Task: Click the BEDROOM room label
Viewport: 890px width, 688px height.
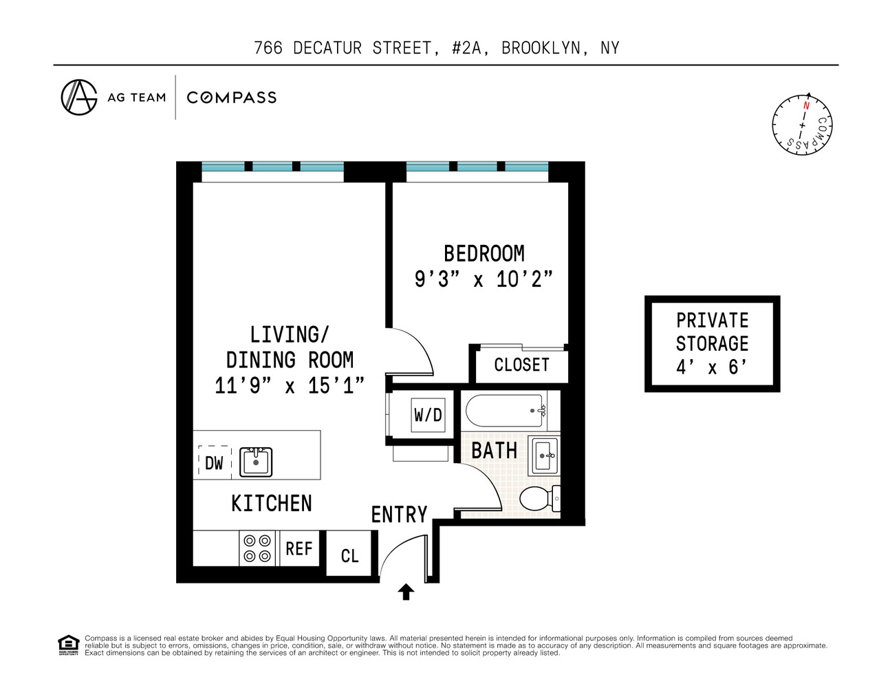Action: (x=484, y=254)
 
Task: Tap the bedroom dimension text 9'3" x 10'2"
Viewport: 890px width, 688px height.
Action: (x=484, y=279)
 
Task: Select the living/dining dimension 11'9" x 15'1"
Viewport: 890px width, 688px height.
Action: (x=290, y=385)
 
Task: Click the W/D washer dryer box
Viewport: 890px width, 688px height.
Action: (x=428, y=415)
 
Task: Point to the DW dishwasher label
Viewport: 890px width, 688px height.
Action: (x=214, y=463)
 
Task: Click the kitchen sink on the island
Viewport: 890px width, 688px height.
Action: (x=256, y=462)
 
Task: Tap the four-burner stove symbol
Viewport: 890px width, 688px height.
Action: (x=257, y=548)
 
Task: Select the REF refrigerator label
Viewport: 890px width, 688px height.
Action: (x=299, y=548)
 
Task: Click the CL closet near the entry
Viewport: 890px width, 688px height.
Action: (x=349, y=555)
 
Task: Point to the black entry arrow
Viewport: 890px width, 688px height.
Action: (x=406, y=592)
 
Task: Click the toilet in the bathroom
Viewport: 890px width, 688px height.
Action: (x=539, y=498)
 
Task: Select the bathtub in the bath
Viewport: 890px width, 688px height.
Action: (x=506, y=411)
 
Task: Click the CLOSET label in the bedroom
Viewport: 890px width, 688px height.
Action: (x=521, y=365)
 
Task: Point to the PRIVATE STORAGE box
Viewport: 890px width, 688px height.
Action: (x=712, y=344)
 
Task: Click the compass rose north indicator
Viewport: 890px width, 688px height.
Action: (x=806, y=106)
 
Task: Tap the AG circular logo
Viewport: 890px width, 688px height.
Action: (x=79, y=97)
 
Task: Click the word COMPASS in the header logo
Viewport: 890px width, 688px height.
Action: (x=232, y=98)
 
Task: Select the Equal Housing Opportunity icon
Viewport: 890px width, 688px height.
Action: (x=68, y=645)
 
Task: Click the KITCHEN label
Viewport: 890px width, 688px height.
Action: (x=272, y=504)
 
